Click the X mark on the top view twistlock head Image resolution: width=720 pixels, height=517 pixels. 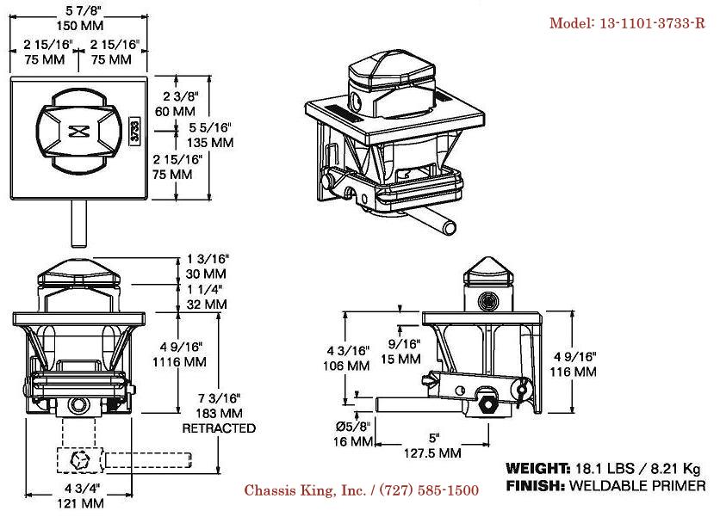coord(79,132)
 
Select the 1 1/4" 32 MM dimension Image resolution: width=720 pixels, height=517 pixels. coord(207,297)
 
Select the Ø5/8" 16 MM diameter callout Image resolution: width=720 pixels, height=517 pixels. coord(355,434)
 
